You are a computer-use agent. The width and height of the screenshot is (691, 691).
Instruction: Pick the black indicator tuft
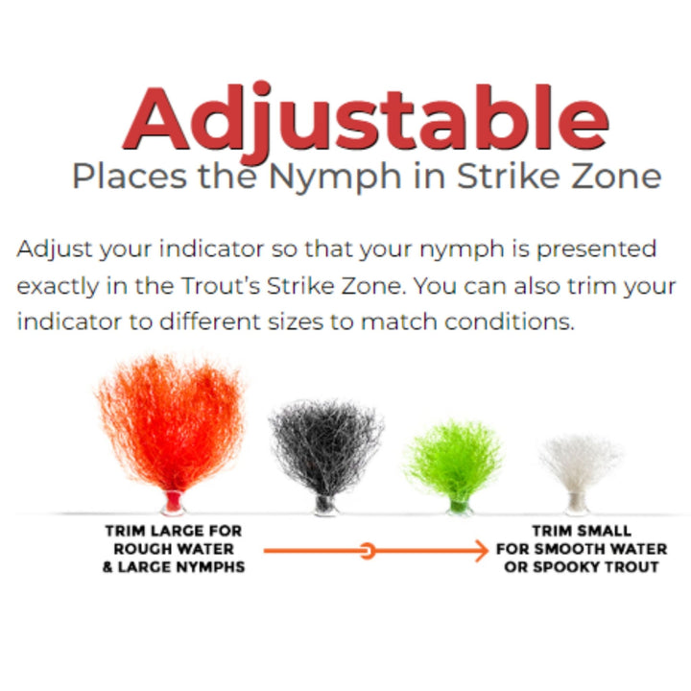pyautogui.click(x=323, y=451)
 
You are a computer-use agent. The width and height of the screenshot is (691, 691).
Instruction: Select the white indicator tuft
pyautogui.click(x=581, y=465)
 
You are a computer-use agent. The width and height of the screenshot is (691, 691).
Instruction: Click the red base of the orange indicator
pyautogui.click(x=174, y=501)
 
